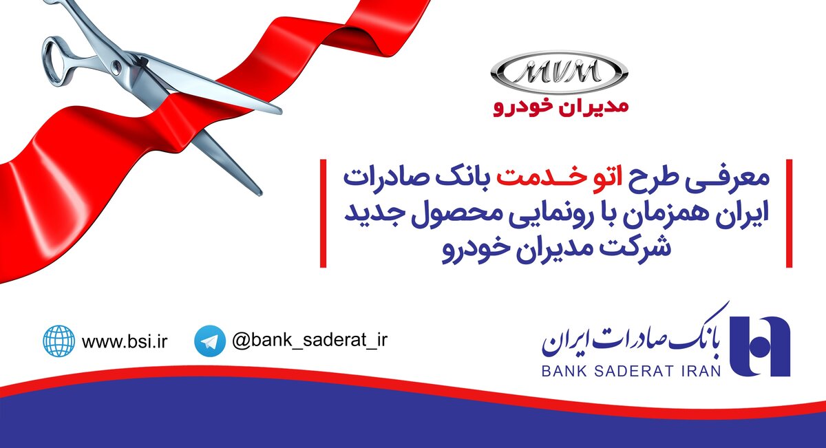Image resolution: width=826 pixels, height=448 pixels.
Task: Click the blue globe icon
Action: point(59,341)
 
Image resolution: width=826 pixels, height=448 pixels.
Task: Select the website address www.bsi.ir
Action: point(125,341)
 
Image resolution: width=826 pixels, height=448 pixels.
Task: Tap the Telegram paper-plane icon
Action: point(210,341)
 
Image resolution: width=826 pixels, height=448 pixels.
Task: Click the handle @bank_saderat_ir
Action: point(310,340)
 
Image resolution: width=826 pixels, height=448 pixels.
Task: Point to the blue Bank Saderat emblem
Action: point(761,346)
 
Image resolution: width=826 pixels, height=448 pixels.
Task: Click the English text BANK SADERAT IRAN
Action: point(631,371)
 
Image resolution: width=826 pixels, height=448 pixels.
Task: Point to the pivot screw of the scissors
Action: point(116,66)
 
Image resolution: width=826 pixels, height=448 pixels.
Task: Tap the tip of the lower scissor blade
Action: point(260,193)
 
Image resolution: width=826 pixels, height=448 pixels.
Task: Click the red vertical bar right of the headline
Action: point(789,213)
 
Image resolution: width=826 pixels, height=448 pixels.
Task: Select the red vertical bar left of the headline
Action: point(323,213)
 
